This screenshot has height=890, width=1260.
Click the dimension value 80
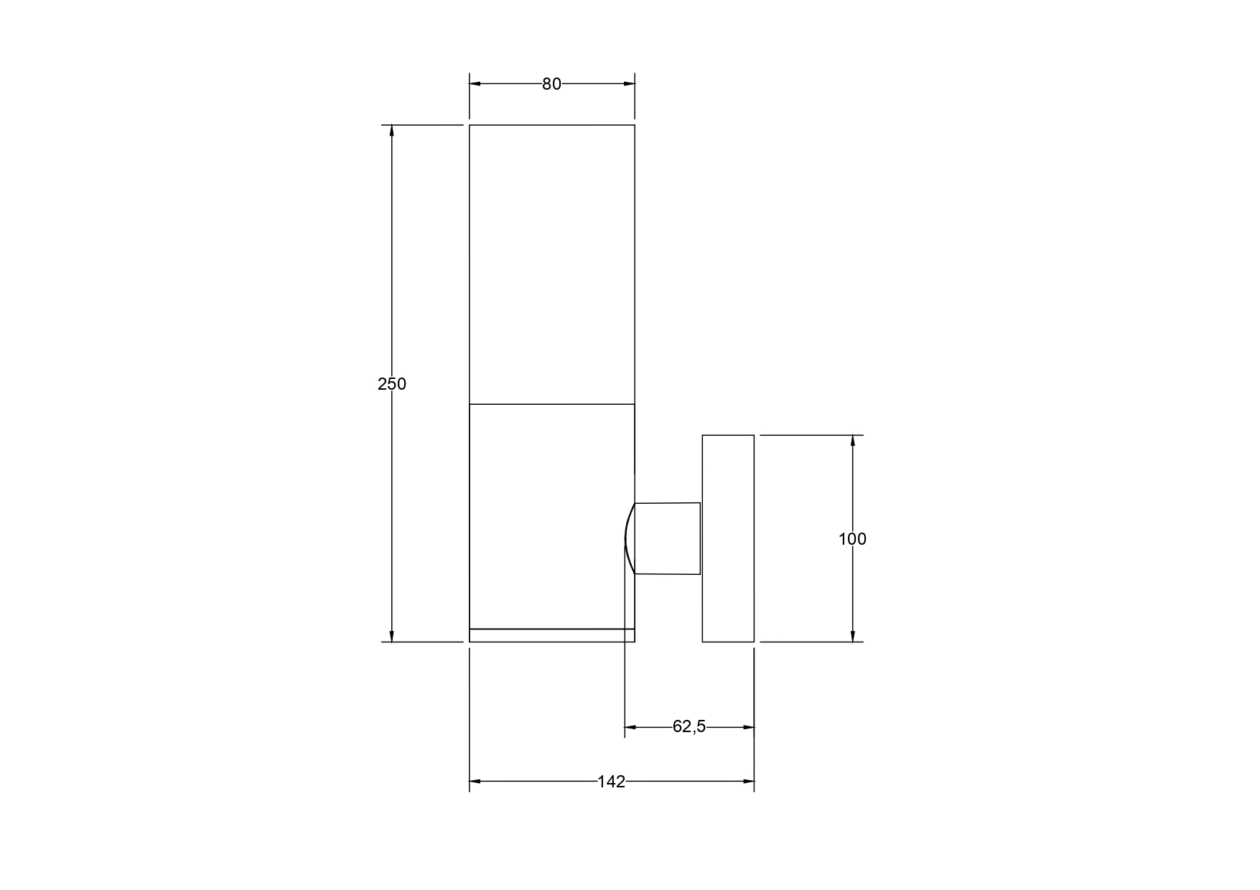point(551,84)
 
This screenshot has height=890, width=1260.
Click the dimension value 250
point(392,384)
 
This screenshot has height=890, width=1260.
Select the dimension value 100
point(852,539)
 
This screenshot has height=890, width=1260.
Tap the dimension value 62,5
point(689,727)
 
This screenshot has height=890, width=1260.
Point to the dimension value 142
point(611,782)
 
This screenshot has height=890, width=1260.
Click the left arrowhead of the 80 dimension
point(475,84)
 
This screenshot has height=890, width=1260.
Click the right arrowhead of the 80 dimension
point(629,84)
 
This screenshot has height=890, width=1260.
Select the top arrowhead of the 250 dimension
point(391,131)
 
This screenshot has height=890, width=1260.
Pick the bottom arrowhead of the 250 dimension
point(391,636)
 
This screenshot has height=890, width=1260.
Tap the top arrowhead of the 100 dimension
point(852,441)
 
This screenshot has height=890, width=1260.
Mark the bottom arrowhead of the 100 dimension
point(852,636)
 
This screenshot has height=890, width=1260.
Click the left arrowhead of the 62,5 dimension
point(630,727)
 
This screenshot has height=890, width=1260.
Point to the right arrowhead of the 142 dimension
point(748,781)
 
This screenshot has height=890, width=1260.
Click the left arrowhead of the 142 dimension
point(475,781)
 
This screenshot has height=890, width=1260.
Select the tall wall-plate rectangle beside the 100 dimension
point(728,538)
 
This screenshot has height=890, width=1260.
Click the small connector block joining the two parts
point(668,538)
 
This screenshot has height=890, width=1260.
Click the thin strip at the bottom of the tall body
point(551,635)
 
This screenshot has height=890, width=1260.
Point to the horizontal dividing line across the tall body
point(551,404)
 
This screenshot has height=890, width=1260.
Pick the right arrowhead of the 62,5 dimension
point(748,727)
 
